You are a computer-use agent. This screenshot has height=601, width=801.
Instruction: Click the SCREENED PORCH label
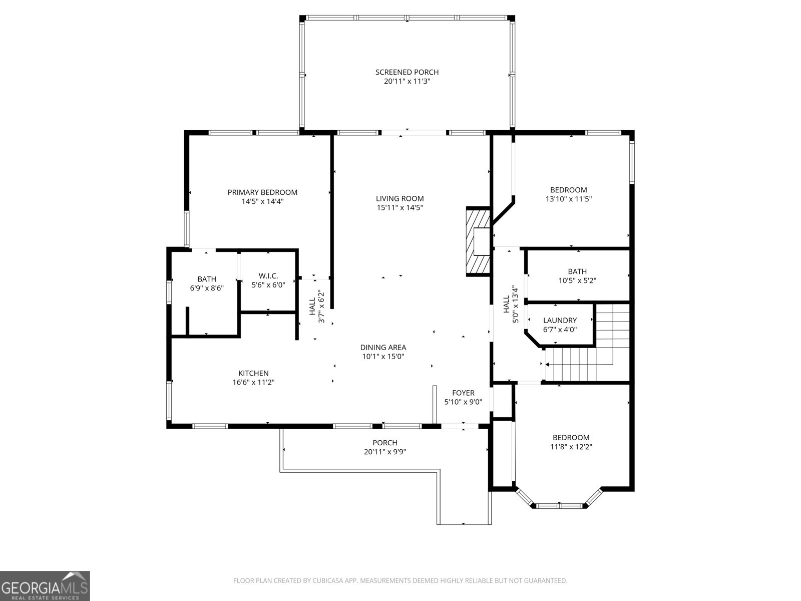pyautogui.click(x=407, y=72)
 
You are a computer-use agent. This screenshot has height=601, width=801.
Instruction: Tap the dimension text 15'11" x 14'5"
pyautogui.click(x=400, y=208)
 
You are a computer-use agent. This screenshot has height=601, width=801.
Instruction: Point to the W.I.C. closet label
pyautogui.click(x=268, y=276)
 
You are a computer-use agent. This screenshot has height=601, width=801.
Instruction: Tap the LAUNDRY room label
pyautogui.click(x=560, y=321)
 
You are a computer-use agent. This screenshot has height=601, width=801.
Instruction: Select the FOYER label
pyautogui.click(x=463, y=393)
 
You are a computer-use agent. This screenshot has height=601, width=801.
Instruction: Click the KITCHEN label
pyautogui.click(x=253, y=373)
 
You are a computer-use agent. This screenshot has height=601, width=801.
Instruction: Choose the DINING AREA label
pyautogui.click(x=383, y=347)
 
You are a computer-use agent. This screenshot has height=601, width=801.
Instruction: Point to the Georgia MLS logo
pyautogui.click(x=45, y=586)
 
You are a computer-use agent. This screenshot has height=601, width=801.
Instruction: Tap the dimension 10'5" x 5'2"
pyautogui.click(x=577, y=281)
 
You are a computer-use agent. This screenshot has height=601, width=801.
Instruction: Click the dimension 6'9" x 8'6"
pyautogui.click(x=207, y=288)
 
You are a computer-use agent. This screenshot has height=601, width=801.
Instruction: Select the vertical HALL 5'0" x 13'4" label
pyautogui.click(x=510, y=304)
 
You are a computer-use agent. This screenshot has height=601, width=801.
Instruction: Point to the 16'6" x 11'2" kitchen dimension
pyautogui.click(x=253, y=383)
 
